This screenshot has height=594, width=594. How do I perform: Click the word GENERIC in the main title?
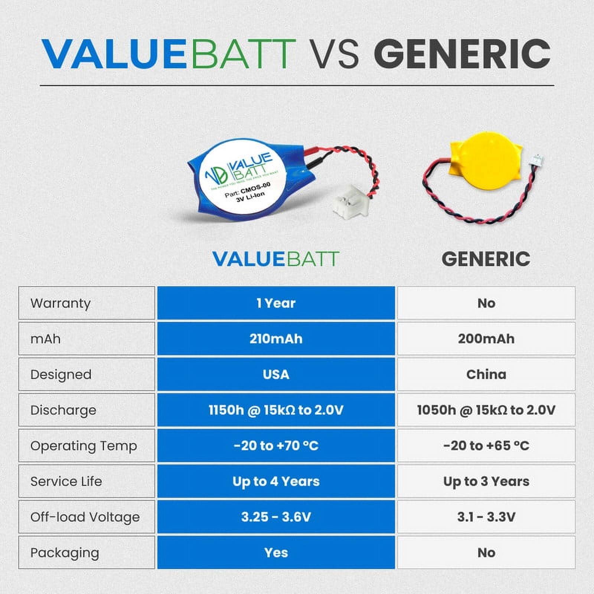pyautogui.click(x=462, y=54)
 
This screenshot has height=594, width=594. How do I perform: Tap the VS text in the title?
pyautogui.click(x=334, y=54)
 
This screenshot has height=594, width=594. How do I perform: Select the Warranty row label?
pyautogui.click(x=61, y=303)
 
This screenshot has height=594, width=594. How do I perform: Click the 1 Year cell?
pyautogui.click(x=276, y=303)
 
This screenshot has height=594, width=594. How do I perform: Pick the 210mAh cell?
pyautogui.click(x=276, y=339)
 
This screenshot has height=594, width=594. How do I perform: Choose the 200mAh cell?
pyautogui.click(x=486, y=339)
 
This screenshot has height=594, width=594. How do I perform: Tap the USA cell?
pyautogui.click(x=276, y=374)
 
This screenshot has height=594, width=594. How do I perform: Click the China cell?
pyautogui.click(x=486, y=374)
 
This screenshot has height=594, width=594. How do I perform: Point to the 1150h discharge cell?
pyautogui.click(x=276, y=410)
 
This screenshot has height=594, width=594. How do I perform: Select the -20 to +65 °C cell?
pyautogui.click(x=486, y=446)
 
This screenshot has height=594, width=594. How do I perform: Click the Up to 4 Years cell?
pyautogui.click(x=276, y=481)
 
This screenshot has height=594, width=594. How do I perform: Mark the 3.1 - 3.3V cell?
pyautogui.click(x=486, y=517)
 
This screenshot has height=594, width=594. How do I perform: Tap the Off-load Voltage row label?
pyautogui.click(x=85, y=517)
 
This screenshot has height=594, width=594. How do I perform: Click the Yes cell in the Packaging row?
pyautogui.click(x=276, y=552)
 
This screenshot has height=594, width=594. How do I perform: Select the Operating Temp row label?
pyautogui.click(x=84, y=446)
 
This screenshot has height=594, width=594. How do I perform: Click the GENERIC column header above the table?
pyautogui.click(x=486, y=259)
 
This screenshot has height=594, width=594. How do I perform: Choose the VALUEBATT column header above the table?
pyautogui.click(x=276, y=259)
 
